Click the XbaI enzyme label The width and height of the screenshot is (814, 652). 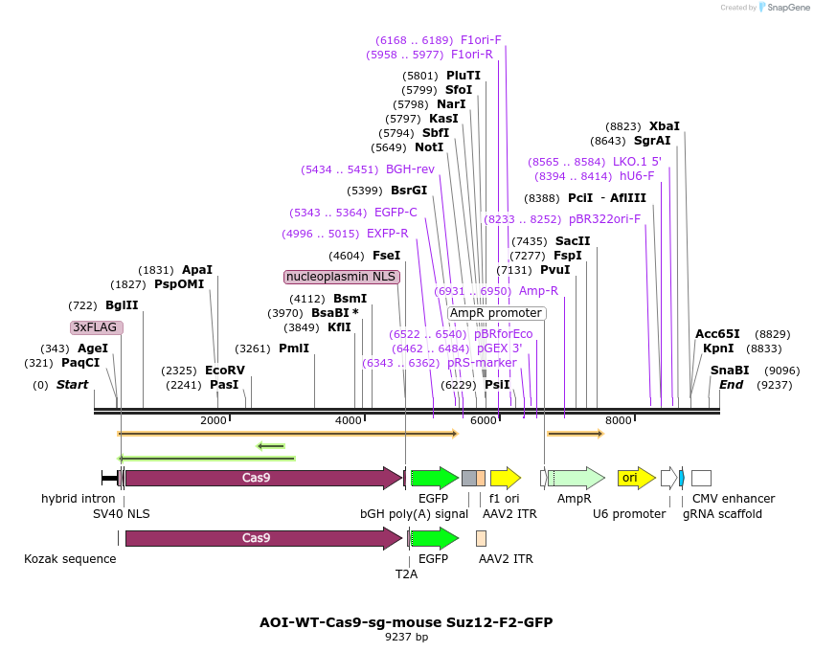[x=664, y=125]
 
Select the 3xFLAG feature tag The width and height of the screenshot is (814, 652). [x=97, y=327]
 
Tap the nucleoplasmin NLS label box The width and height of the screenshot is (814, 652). [x=342, y=277]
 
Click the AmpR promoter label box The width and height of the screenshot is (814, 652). [x=496, y=313]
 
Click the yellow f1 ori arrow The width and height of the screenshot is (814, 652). [x=505, y=478]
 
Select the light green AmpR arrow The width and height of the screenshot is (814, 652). [x=576, y=478]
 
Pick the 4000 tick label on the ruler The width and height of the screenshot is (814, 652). [x=349, y=420]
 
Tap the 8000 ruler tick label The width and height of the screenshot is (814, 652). [x=620, y=420]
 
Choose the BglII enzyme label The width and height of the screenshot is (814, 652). [x=122, y=305]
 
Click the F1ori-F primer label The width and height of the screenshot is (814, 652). [x=481, y=40]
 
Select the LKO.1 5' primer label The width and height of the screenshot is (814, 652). [x=637, y=162]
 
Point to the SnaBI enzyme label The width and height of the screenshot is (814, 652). [x=730, y=371]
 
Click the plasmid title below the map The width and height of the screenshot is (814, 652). [x=406, y=621]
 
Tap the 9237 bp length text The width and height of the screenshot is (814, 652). [x=406, y=637]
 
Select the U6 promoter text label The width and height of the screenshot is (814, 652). [x=628, y=514]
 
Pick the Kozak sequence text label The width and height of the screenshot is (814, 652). [x=70, y=558]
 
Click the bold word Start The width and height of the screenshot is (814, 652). [x=72, y=385]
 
